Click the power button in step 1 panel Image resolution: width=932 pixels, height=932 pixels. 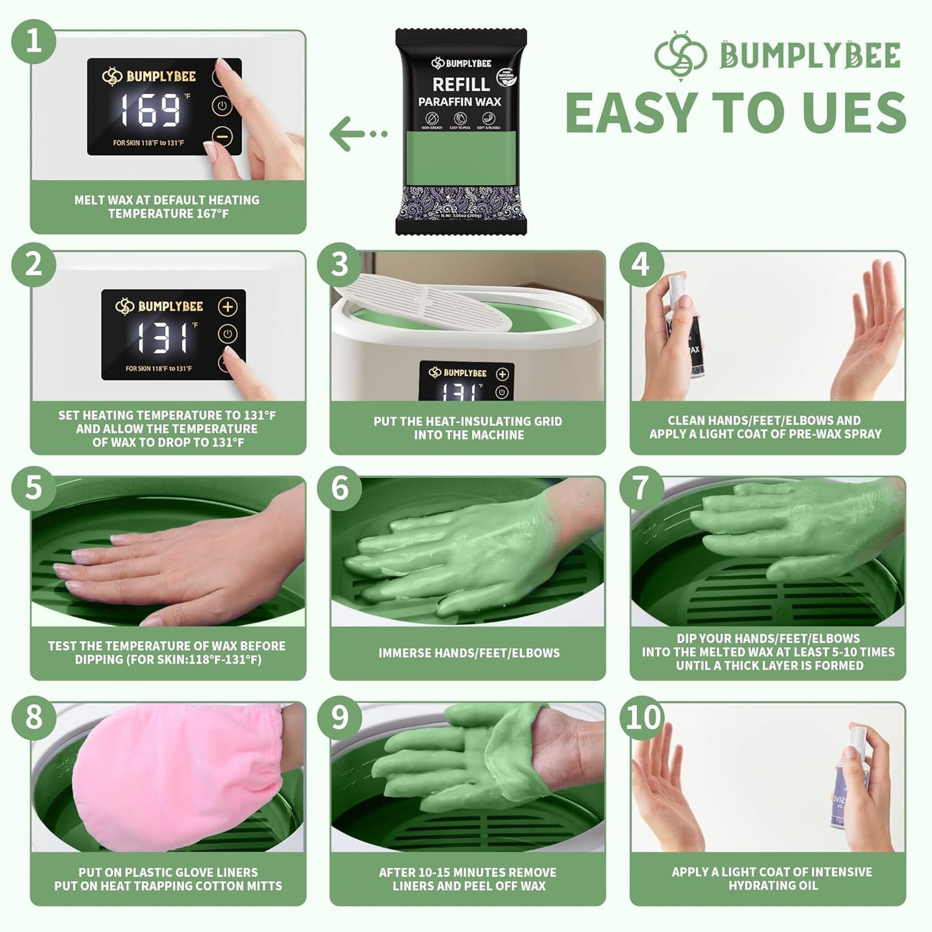tap(221, 106)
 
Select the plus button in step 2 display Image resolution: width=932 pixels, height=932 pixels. tap(228, 307)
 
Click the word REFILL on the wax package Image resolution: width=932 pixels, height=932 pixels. tap(461, 84)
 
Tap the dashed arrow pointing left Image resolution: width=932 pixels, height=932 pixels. tap(358, 134)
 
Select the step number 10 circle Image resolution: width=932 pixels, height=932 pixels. tap(642, 717)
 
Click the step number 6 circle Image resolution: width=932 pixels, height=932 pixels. tap(340, 488)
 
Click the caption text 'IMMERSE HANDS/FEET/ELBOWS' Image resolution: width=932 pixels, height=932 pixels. tap(469, 653)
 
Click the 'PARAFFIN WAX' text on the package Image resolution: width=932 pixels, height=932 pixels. tap(460, 102)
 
